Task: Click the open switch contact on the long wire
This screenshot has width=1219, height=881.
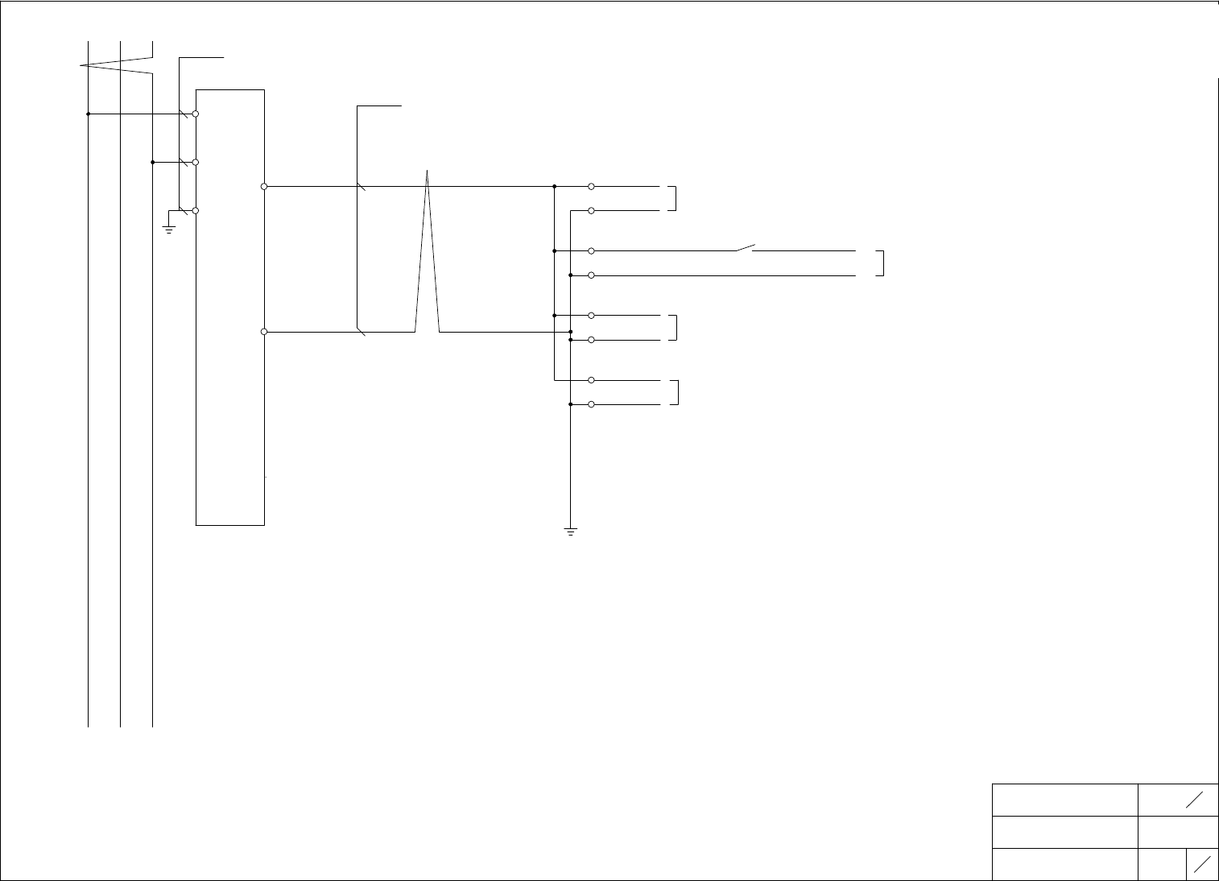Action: click(x=745, y=247)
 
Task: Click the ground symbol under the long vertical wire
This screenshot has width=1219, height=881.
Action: click(x=570, y=531)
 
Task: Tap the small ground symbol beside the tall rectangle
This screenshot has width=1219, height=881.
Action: click(x=169, y=229)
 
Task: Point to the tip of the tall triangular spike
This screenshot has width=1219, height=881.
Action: click(x=427, y=172)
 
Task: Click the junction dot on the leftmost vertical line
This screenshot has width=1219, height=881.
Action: click(x=88, y=114)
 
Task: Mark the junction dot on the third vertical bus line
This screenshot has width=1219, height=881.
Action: click(x=152, y=162)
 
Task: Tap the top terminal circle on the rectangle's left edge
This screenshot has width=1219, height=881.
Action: click(x=196, y=114)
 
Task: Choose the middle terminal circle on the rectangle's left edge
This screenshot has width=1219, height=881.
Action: click(x=196, y=162)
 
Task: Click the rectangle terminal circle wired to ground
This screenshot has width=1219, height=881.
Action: click(x=196, y=210)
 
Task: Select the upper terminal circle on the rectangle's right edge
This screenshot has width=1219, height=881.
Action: click(x=264, y=186)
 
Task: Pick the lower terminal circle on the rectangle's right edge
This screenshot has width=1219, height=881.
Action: click(x=264, y=331)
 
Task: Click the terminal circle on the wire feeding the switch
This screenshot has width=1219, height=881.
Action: click(x=591, y=250)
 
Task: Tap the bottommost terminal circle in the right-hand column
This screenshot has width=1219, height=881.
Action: click(x=591, y=403)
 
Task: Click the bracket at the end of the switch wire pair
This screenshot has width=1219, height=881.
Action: click(x=882, y=263)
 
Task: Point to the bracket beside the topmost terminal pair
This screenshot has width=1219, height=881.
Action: click(x=674, y=198)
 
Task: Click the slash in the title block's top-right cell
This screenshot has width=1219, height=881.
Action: click(x=1195, y=800)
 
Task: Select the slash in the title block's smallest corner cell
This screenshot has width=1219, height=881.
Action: click(x=1203, y=864)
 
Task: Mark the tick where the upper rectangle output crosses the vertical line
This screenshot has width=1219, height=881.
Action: click(x=361, y=187)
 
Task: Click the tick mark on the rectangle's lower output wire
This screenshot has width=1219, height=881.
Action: click(x=361, y=331)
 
